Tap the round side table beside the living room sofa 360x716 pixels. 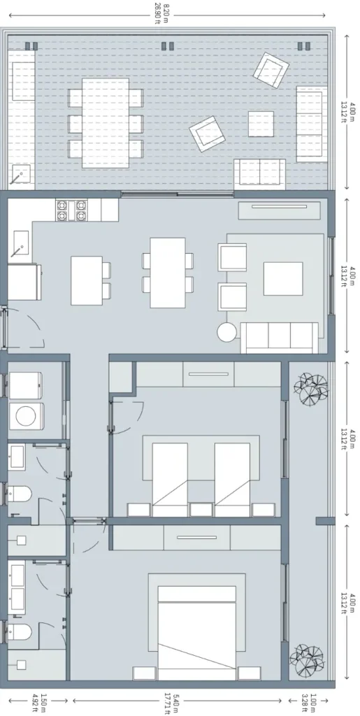pos(227,331)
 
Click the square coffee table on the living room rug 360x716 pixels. pos(282,278)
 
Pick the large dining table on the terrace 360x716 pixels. pos(106,122)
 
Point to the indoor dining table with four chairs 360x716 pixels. pos(168,272)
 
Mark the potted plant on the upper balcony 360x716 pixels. pos(310,389)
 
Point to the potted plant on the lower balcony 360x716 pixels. pos(308,657)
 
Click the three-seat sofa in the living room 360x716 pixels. pos(280,338)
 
